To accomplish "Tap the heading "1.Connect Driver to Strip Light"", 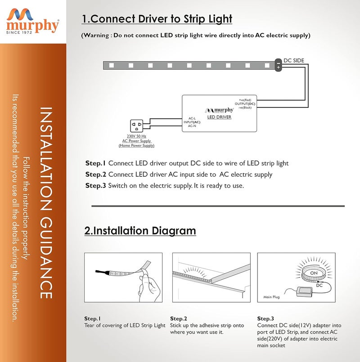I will [x=157, y=19].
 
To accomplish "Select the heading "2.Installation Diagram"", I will [x=140, y=231].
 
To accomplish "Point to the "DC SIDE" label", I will [x=293, y=60].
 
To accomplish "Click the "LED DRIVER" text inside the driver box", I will [x=219, y=117].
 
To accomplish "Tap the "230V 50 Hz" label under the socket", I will [x=137, y=136].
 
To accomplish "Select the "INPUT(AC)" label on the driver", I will [x=192, y=122].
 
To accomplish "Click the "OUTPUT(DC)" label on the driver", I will [x=245, y=103].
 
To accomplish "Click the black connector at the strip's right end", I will [x=278, y=65].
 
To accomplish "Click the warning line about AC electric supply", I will [x=195, y=35].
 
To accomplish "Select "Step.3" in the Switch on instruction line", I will [x=95, y=185].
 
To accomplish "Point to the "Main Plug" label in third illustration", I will [x=271, y=297].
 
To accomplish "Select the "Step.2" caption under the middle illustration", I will [x=179, y=318].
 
